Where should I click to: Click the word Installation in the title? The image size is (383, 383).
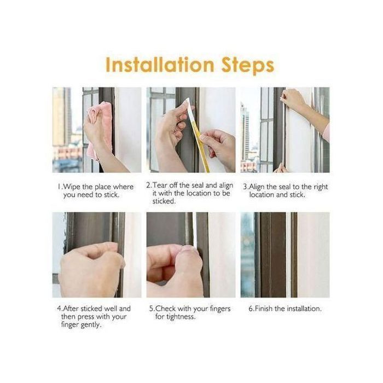pos(160,65)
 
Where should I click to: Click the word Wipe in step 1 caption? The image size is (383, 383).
pos(72,187)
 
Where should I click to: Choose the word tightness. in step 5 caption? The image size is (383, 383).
pos(181,317)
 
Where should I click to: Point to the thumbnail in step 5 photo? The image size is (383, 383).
pos(189,248)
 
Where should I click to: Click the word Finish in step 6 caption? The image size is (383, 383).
pos(264,309)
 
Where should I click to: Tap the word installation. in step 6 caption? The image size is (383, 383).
pos(304,309)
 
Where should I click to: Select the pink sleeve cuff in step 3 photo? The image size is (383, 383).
pos(326,132)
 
